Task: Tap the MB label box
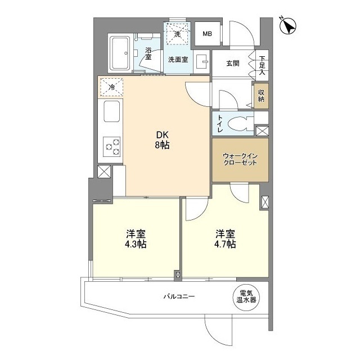click(207, 34)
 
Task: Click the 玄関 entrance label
click(233, 64)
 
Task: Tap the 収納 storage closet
click(262, 95)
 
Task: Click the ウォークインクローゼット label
click(240, 159)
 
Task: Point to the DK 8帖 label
click(163, 139)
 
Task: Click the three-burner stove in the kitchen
click(111, 146)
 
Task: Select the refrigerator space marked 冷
click(111, 87)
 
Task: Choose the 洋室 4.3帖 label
click(136, 238)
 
